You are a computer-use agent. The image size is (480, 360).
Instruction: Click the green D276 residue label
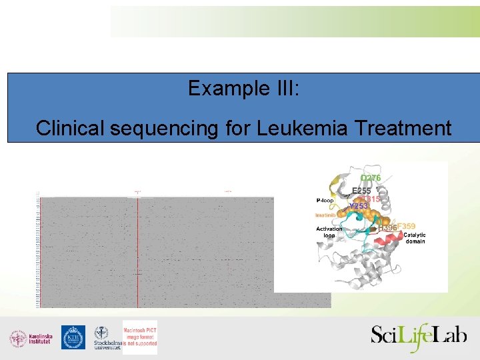(x=371, y=179)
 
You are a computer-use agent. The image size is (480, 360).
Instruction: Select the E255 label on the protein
(x=361, y=191)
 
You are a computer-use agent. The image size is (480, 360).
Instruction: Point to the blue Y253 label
(x=359, y=207)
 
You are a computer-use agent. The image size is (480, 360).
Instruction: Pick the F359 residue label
(x=407, y=227)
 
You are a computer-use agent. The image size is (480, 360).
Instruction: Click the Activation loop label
(x=329, y=232)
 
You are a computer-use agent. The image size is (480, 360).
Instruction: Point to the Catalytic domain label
(x=414, y=238)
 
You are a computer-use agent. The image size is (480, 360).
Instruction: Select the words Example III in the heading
(x=243, y=88)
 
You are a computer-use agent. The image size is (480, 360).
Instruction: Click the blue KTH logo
(x=73, y=337)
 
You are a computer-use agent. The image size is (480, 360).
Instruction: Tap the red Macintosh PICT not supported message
(x=140, y=337)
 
